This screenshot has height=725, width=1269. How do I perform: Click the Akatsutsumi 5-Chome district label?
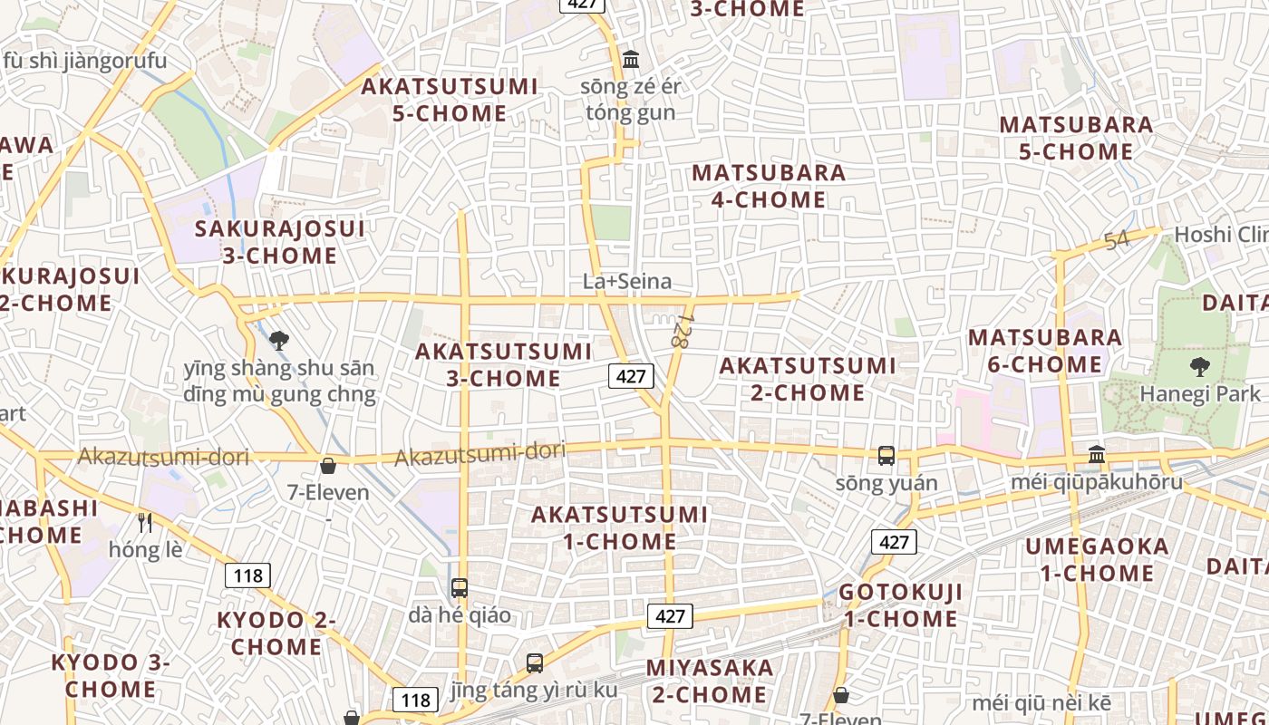(450, 100)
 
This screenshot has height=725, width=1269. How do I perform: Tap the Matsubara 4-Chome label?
(769, 186)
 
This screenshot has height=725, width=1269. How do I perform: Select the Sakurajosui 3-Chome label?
(279, 242)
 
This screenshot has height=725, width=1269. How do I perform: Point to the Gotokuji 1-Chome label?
(900, 605)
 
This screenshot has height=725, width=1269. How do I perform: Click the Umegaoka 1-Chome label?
(1097, 560)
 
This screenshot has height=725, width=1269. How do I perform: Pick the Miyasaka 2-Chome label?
(710, 681)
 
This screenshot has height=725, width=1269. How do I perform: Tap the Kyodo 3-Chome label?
(110, 675)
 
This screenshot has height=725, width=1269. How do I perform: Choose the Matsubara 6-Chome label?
(1045, 351)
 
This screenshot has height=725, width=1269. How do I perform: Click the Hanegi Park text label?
(1200, 394)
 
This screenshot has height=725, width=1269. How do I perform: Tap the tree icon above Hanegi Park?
(1200, 367)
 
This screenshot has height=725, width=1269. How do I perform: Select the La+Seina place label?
(627, 282)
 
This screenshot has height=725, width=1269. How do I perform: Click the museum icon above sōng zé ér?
(631, 60)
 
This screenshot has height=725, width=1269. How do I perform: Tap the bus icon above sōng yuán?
(886, 456)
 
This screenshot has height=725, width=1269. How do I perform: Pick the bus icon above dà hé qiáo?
(460, 587)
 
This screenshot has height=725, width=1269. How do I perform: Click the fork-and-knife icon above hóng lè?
(145, 522)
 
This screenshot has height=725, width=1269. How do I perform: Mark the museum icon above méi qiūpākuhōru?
(1097, 453)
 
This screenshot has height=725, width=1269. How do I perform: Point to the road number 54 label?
(1117, 241)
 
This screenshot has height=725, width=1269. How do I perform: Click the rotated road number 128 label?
(682, 333)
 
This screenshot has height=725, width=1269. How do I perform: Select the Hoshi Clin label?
(1220, 236)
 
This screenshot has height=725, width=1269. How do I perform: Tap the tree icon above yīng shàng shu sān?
(279, 341)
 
